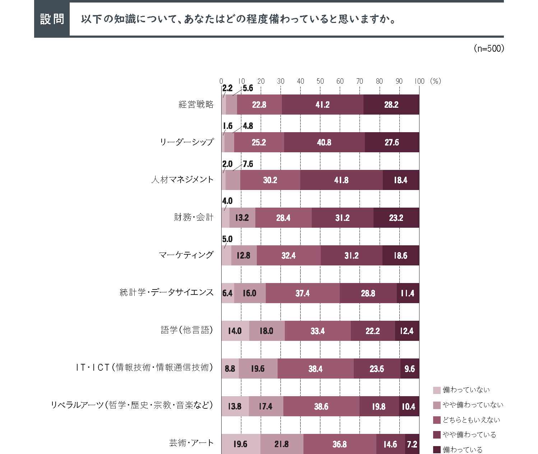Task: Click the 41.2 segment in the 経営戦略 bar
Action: click(x=323, y=105)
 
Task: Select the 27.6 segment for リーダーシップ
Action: click(x=392, y=142)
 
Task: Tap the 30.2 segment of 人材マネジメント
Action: click(x=270, y=180)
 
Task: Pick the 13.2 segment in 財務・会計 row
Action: click(x=242, y=218)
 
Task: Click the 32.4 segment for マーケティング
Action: click(x=288, y=255)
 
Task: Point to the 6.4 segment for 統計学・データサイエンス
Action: click(x=227, y=293)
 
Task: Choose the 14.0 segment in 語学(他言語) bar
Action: click(x=235, y=331)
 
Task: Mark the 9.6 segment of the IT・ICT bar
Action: click(x=409, y=369)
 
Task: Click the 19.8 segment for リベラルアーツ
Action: click(x=379, y=406)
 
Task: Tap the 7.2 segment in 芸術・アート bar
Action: click(x=412, y=444)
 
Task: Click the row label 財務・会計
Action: click(x=194, y=217)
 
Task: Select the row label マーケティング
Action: click(x=186, y=255)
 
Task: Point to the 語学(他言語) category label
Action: click(x=187, y=330)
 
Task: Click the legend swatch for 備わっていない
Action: click(x=437, y=390)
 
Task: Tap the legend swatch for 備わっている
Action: click(x=437, y=450)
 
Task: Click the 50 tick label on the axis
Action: click(x=320, y=81)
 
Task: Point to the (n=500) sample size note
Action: click(x=489, y=48)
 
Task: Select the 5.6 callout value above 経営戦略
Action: click(x=248, y=88)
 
